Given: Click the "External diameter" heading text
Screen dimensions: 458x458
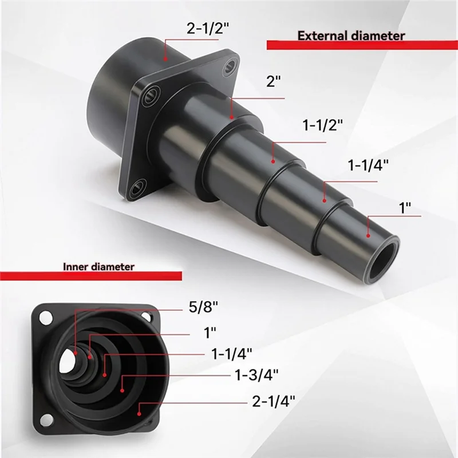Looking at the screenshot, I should click(351, 35).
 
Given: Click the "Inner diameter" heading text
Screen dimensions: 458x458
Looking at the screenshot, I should click(98, 266).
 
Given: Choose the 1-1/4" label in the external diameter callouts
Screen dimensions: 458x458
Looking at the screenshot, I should click(368, 165).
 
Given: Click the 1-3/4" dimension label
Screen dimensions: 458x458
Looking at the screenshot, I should click(257, 375).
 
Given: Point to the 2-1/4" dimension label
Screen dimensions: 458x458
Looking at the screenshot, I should click(274, 401).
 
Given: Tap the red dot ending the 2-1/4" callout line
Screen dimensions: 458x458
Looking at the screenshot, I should click(138, 410).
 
